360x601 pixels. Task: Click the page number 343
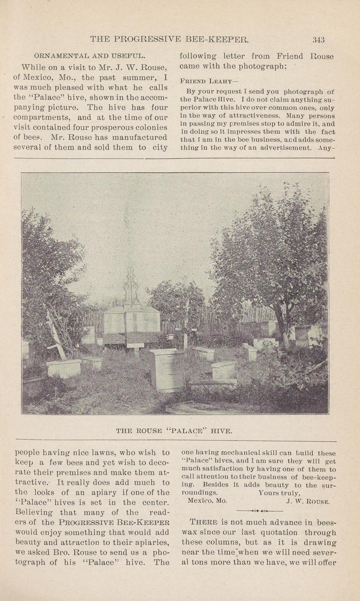(x=318, y=40)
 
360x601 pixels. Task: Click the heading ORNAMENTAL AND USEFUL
(x=89, y=56)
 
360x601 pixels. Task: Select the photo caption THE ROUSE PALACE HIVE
(x=174, y=431)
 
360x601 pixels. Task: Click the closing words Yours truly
(x=278, y=493)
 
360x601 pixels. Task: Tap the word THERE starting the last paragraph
(x=203, y=522)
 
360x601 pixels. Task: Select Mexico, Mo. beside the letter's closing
(x=207, y=501)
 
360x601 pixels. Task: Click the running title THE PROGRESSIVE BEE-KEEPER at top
(x=170, y=40)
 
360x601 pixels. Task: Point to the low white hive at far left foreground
(x=64, y=368)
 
